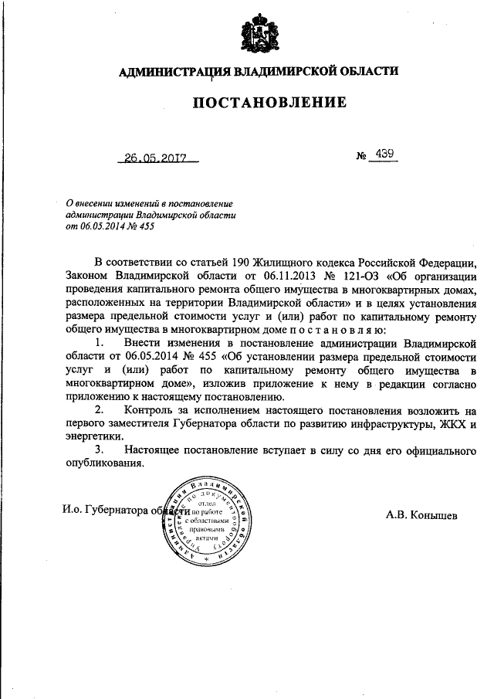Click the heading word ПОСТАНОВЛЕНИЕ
pos(259,102)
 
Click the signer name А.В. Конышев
pos(423,514)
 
